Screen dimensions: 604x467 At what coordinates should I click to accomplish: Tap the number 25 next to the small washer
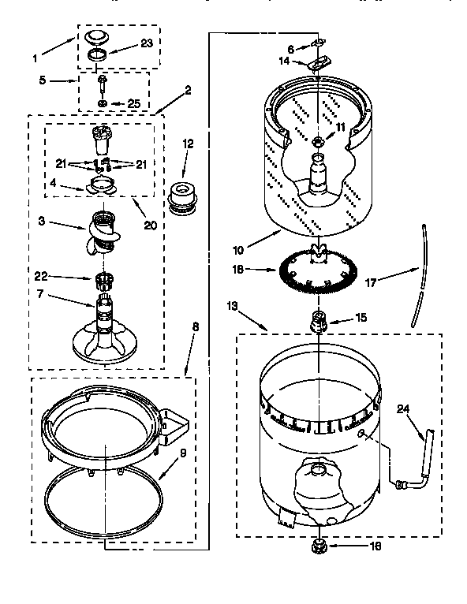tap(133, 103)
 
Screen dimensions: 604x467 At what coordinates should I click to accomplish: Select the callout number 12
tap(188, 144)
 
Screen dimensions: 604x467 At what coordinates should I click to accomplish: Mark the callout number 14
tap(285, 59)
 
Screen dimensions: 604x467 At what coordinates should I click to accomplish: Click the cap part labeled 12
tap(183, 196)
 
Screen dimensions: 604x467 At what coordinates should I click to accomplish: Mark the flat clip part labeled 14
tap(320, 64)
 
